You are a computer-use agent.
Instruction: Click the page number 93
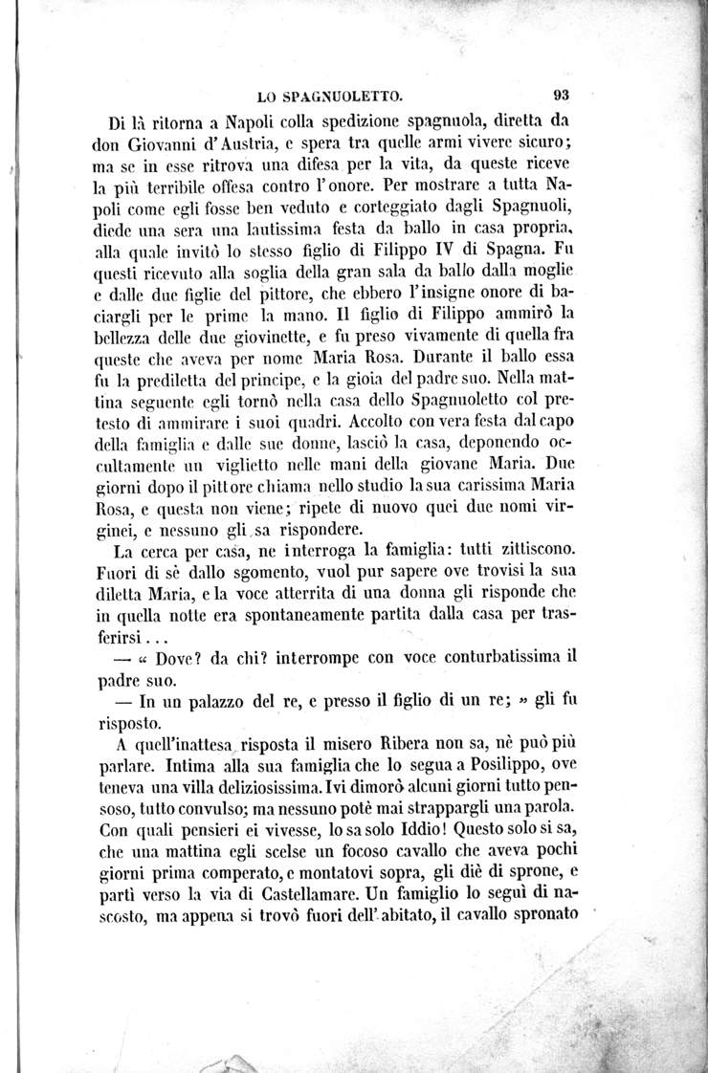click(x=561, y=95)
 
